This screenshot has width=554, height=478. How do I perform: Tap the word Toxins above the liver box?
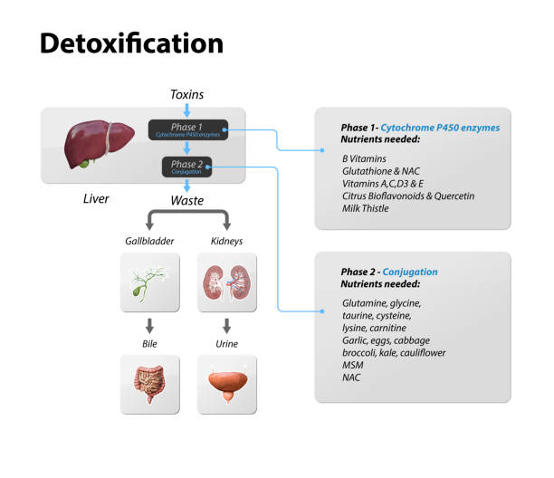click(188, 94)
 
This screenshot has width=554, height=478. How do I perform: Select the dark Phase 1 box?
click(188, 129)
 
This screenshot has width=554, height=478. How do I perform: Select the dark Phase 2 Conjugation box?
click(188, 167)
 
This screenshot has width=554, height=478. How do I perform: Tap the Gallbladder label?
click(148, 242)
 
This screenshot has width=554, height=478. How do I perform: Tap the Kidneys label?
click(226, 242)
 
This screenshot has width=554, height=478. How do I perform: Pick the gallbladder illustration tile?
click(148, 281)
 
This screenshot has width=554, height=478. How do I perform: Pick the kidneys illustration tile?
click(226, 281)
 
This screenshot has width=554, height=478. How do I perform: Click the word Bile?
click(148, 345)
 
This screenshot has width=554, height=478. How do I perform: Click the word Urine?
click(226, 345)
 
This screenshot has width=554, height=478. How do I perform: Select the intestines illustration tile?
click(148, 384)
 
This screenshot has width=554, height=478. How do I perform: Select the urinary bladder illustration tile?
click(226, 384)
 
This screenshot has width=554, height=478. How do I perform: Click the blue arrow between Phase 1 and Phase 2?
click(188, 148)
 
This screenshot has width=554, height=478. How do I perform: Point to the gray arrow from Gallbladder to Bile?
click(148, 324)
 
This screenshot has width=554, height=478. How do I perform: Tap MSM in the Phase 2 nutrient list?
click(353, 365)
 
